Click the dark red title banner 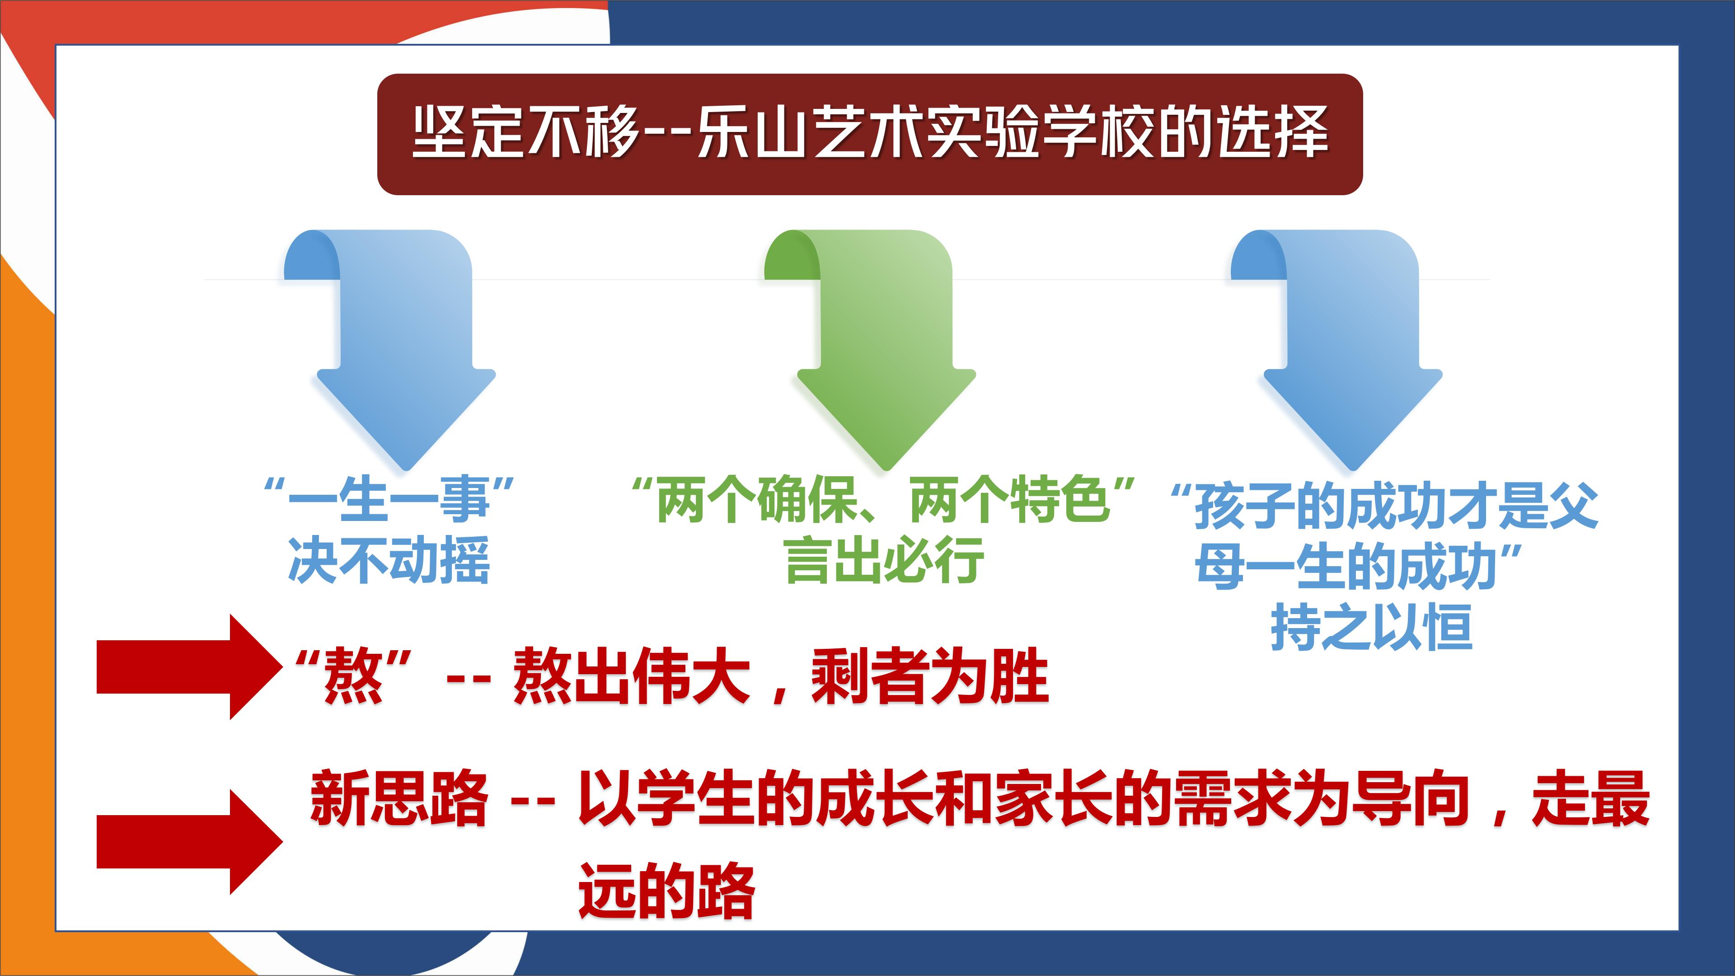pyautogui.click(x=869, y=134)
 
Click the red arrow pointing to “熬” pyautogui.click(x=189, y=667)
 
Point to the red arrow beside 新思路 pyautogui.click(x=189, y=842)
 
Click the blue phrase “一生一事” pyautogui.click(x=389, y=501)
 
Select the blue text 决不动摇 pyautogui.click(x=389, y=560)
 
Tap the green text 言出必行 pyautogui.click(x=884, y=560)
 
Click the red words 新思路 pyautogui.click(x=399, y=799)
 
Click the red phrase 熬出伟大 pyautogui.click(x=632, y=676)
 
